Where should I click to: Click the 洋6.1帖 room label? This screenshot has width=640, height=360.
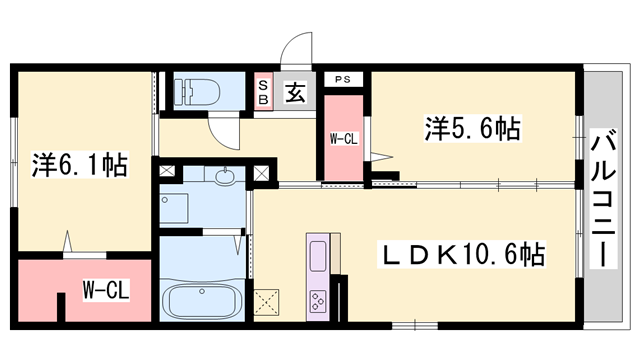click(x=80, y=164)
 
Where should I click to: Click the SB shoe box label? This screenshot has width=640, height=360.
click(x=264, y=92)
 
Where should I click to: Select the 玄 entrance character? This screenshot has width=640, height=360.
click(x=296, y=93)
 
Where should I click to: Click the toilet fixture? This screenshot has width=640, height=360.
click(x=192, y=92)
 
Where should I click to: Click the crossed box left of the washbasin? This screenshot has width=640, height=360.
click(x=166, y=171)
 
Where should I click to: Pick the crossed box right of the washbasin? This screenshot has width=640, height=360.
click(x=261, y=172)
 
